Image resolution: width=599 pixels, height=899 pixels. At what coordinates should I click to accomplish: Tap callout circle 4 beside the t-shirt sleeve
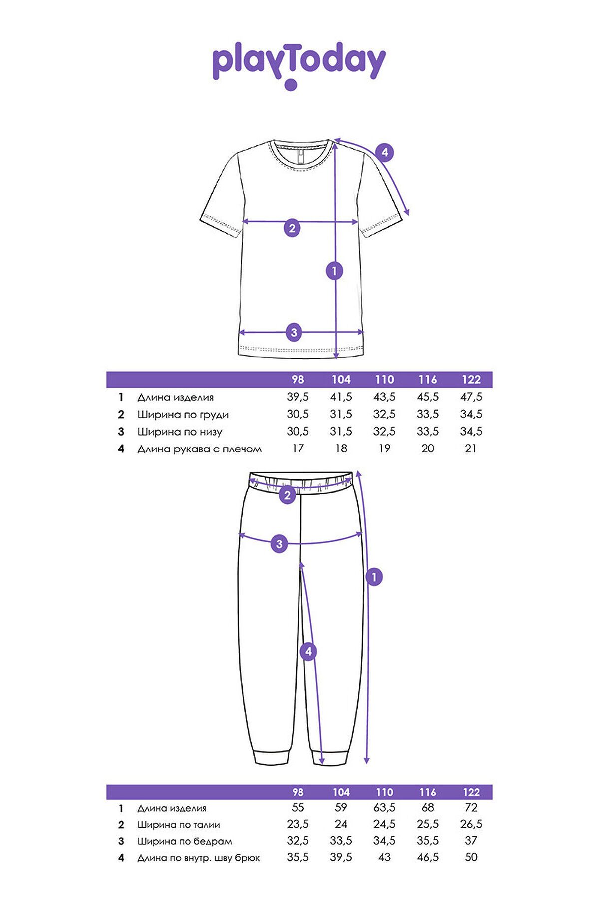click(x=384, y=152)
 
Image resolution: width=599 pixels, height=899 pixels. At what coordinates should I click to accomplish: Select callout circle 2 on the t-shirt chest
click(x=292, y=228)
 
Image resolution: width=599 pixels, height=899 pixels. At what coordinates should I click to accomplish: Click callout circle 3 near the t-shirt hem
click(x=294, y=332)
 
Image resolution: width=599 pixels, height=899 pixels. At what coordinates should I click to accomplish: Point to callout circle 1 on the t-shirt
click(x=334, y=271)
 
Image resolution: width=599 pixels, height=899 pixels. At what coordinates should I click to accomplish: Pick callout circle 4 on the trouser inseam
click(x=308, y=652)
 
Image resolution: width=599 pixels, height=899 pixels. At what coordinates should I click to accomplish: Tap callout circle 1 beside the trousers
click(x=374, y=577)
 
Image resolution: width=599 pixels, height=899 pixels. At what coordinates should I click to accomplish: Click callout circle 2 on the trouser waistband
click(x=287, y=496)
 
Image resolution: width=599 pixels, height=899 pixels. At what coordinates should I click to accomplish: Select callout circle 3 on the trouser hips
click(x=279, y=544)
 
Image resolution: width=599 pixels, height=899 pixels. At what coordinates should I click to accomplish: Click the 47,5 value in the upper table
click(x=471, y=397)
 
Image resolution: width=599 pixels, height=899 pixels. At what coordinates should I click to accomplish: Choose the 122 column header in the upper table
click(x=471, y=380)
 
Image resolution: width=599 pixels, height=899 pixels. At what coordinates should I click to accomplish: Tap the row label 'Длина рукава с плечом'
click(x=199, y=449)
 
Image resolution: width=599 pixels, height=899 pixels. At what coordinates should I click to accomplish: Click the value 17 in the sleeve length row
click(x=298, y=449)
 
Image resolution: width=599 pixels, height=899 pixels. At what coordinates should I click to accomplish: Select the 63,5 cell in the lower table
click(x=384, y=808)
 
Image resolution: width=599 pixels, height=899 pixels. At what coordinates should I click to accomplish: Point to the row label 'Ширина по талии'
click(x=179, y=825)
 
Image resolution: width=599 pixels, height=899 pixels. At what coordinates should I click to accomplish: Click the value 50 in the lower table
click(x=471, y=857)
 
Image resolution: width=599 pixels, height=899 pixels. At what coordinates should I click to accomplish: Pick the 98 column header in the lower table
click(x=298, y=792)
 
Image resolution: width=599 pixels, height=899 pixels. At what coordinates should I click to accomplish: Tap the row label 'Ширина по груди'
click(x=183, y=415)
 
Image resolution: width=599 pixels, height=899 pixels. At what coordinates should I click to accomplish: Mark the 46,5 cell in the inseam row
click(x=428, y=857)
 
